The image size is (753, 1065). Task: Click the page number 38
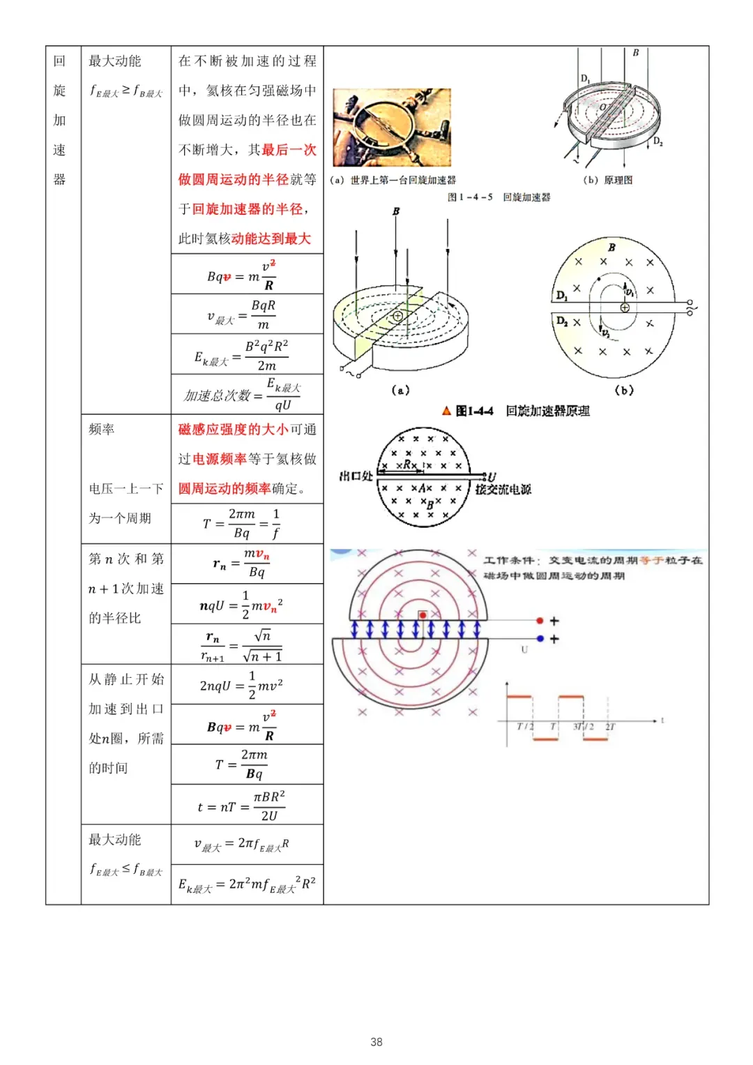(376, 1041)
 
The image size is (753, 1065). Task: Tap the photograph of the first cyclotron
(392, 127)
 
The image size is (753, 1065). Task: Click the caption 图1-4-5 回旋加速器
(499, 197)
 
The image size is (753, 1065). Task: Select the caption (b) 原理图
(608, 180)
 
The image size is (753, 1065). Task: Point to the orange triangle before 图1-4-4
(447, 411)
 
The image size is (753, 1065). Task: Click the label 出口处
(356, 476)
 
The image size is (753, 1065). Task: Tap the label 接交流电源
(503, 490)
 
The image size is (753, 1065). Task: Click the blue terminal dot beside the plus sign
(540, 638)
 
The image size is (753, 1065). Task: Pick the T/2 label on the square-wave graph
(525, 727)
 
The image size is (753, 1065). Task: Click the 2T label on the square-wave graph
(610, 727)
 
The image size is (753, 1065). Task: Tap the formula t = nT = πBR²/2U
(241, 806)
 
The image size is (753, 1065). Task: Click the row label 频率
(102, 430)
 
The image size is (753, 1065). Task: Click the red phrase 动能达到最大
(271, 239)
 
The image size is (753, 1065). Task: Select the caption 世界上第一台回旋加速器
(403, 180)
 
